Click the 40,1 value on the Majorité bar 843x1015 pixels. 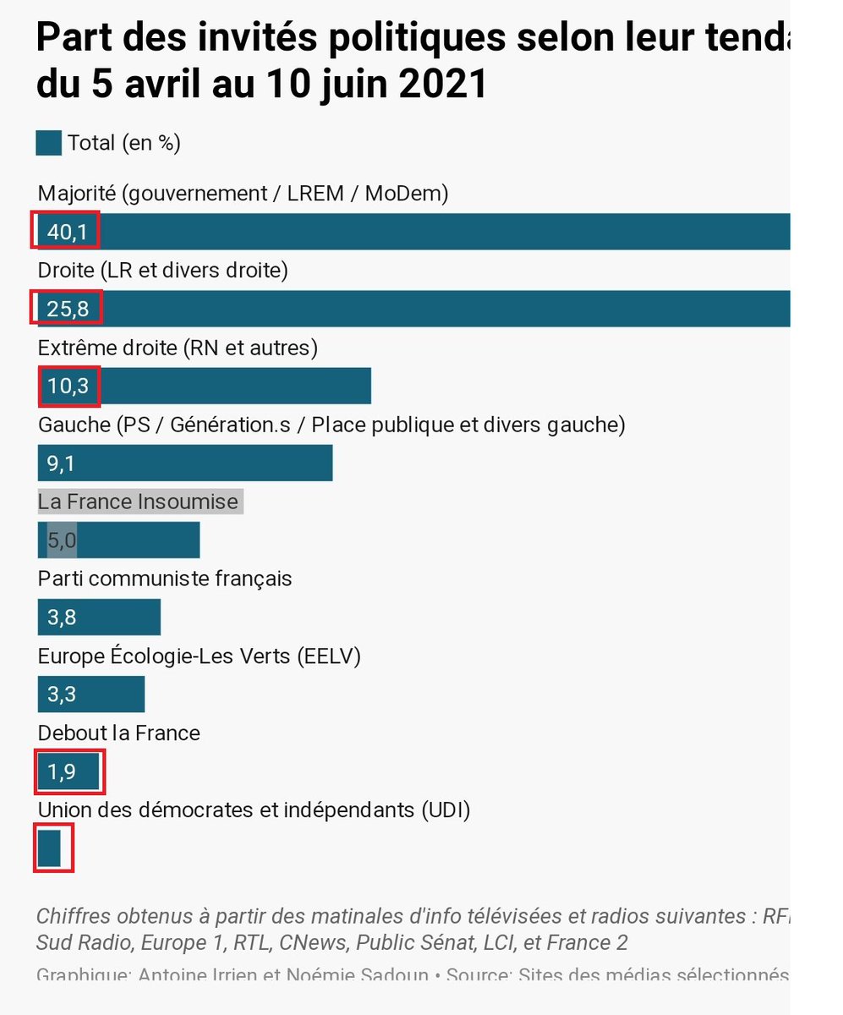[67, 232]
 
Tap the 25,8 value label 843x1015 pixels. [68, 309]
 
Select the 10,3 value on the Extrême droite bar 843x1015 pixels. [68, 386]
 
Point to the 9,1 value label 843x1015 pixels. [62, 463]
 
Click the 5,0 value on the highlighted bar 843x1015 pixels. [62, 540]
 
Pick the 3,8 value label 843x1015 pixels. [62, 617]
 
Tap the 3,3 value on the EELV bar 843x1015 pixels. [62, 694]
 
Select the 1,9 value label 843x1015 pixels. [62, 771]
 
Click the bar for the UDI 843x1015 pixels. [50, 848]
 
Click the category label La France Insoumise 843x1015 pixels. [139, 502]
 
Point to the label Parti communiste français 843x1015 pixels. [165, 579]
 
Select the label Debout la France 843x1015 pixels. [119, 732]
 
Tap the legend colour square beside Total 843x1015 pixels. [49, 143]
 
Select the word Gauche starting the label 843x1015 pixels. [74, 425]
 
